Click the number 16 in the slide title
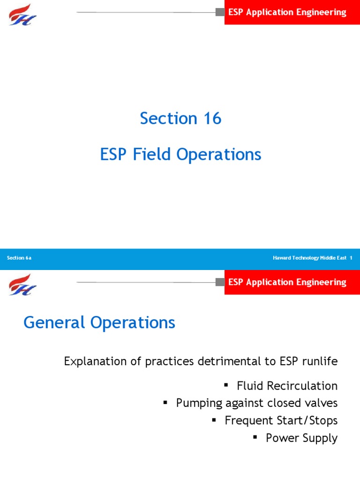click(x=212, y=119)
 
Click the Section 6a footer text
click(x=19, y=258)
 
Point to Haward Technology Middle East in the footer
click(x=309, y=258)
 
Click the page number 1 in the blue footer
click(x=351, y=258)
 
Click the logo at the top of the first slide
click(x=22, y=14)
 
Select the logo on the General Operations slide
click(x=22, y=285)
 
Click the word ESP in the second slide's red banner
click(x=236, y=282)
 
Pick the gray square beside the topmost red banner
click(x=220, y=12)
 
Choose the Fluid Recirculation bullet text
click(x=287, y=386)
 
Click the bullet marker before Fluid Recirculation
click(x=226, y=385)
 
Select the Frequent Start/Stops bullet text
click(x=281, y=420)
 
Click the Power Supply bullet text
click(x=301, y=438)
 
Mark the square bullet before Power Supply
click(x=255, y=437)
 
